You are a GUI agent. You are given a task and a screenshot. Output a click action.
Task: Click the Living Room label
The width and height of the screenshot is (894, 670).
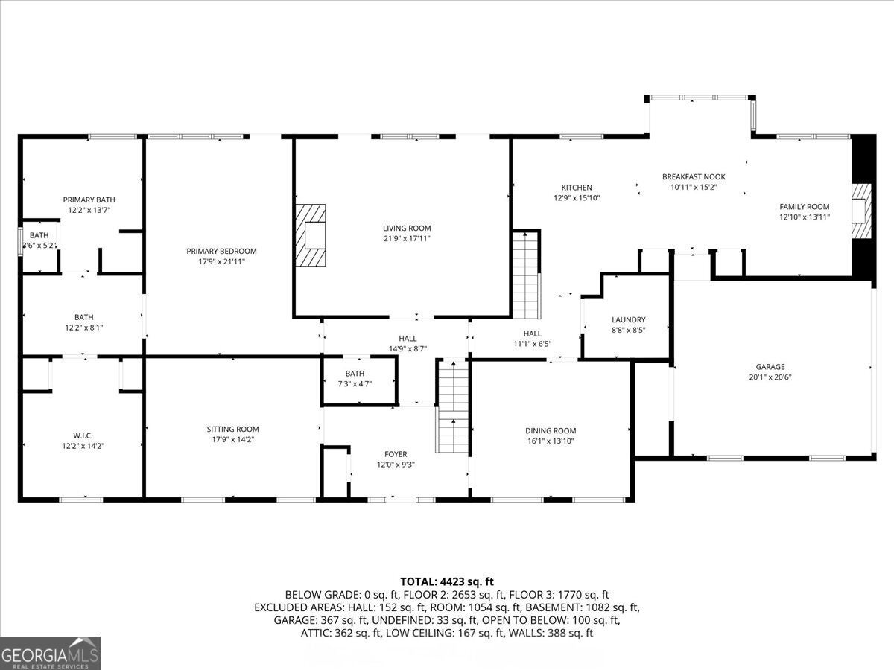tap(407, 229)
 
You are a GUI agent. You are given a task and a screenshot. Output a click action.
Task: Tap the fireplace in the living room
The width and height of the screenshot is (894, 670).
tap(311, 235)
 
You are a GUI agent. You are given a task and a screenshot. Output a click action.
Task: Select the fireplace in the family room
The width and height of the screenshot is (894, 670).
tap(860, 211)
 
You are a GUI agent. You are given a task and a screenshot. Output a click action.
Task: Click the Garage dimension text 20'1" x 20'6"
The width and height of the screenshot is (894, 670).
tap(770, 377)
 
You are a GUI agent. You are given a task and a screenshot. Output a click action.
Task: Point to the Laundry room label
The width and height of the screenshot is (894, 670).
tap(628, 320)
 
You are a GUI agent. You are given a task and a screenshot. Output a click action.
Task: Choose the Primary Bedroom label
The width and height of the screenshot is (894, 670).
tap(221, 252)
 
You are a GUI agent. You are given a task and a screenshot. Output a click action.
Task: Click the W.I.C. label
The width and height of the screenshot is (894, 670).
tap(83, 435)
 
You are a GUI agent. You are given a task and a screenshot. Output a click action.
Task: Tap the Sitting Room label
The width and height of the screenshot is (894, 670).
tap(232, 430)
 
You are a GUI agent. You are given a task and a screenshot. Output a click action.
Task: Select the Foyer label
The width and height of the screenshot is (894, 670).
tap(396, 454)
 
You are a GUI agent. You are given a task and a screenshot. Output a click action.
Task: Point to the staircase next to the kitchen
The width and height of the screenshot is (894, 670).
tap(526, 274)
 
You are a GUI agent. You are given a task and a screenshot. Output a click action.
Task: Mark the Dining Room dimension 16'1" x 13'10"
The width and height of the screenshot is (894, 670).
tap(551, 441)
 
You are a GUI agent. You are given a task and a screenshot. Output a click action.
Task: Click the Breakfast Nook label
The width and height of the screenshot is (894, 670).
tap(694, 176)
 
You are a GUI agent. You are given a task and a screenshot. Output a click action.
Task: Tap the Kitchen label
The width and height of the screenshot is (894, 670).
tap(577, 188)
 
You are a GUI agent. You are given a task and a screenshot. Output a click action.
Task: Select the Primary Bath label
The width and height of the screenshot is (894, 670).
tap(89, 200)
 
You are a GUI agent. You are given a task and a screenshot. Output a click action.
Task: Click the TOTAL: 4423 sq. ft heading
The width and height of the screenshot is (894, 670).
tap(446, 581)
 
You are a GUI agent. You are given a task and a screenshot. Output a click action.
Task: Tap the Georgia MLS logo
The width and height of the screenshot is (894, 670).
tap(50, 653)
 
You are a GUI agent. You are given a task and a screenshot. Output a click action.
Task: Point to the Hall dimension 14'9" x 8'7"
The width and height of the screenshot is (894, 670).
tap(408, 348)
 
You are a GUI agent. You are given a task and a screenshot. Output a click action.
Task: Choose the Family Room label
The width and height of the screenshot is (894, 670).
tap(804, 207)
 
